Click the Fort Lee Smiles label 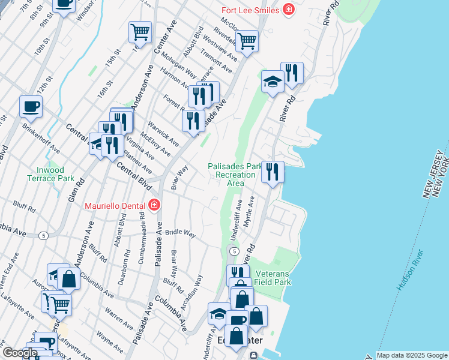[250, 10]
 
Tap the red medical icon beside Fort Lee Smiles [289, 10]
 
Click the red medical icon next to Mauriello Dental [154, 205]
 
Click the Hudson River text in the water [410, 270]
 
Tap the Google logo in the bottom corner [20, 353]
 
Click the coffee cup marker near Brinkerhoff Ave [31, 107]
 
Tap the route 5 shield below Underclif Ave [234, 251]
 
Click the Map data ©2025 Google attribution [411, 355]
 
